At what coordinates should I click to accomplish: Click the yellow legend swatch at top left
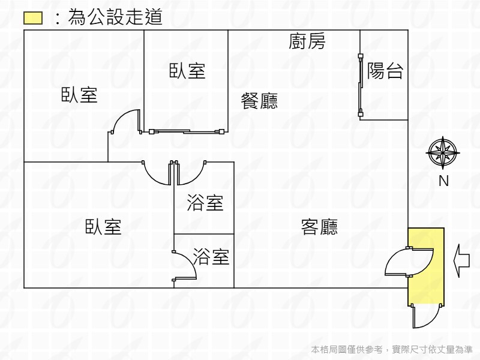pos(33,18)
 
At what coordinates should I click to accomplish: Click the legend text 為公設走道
pos(115,17)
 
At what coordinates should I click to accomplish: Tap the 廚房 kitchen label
pos(307,41)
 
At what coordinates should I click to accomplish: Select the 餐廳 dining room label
pos(259,101)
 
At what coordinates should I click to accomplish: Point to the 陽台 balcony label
pos(385,71)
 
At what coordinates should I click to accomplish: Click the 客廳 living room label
pos(319,227)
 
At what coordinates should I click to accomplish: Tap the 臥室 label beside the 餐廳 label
pos(187,71)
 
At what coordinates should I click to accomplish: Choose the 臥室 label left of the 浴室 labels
pos(103,227)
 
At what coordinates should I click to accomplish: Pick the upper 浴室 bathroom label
pos(205,203)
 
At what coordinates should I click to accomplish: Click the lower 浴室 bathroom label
pos(211,257)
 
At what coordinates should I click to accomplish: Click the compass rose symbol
pos(443,152)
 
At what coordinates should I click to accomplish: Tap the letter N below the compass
pos(443,181)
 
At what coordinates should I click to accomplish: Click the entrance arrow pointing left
pos(461,261)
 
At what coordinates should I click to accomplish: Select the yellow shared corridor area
pos(426,266)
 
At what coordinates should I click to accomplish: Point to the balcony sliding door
pos(361,85)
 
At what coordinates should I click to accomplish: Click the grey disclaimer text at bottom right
pos(392,349)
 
